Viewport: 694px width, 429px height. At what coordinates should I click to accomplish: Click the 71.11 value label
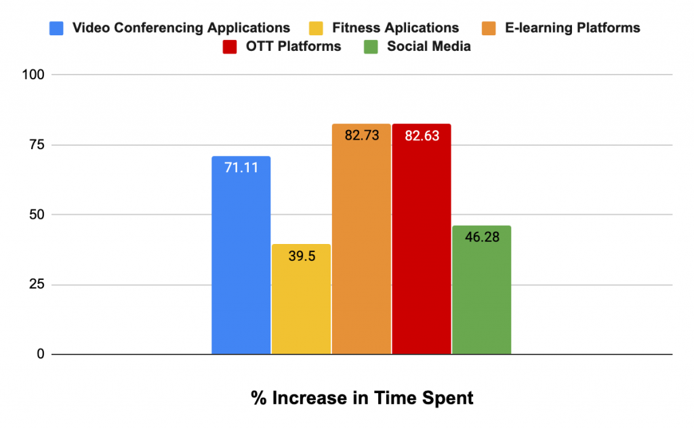241,167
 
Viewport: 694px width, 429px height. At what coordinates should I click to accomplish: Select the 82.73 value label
361,135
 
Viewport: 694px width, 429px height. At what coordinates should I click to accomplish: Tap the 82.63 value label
422,135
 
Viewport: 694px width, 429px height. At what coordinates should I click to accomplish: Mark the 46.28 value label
481,237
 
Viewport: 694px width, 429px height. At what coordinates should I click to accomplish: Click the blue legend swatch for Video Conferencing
56,28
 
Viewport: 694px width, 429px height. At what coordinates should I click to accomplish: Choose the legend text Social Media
428,47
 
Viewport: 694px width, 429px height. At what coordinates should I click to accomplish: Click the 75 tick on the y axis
37,144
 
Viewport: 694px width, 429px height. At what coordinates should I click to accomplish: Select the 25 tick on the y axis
37,285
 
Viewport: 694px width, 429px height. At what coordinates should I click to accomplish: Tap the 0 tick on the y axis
40,354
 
